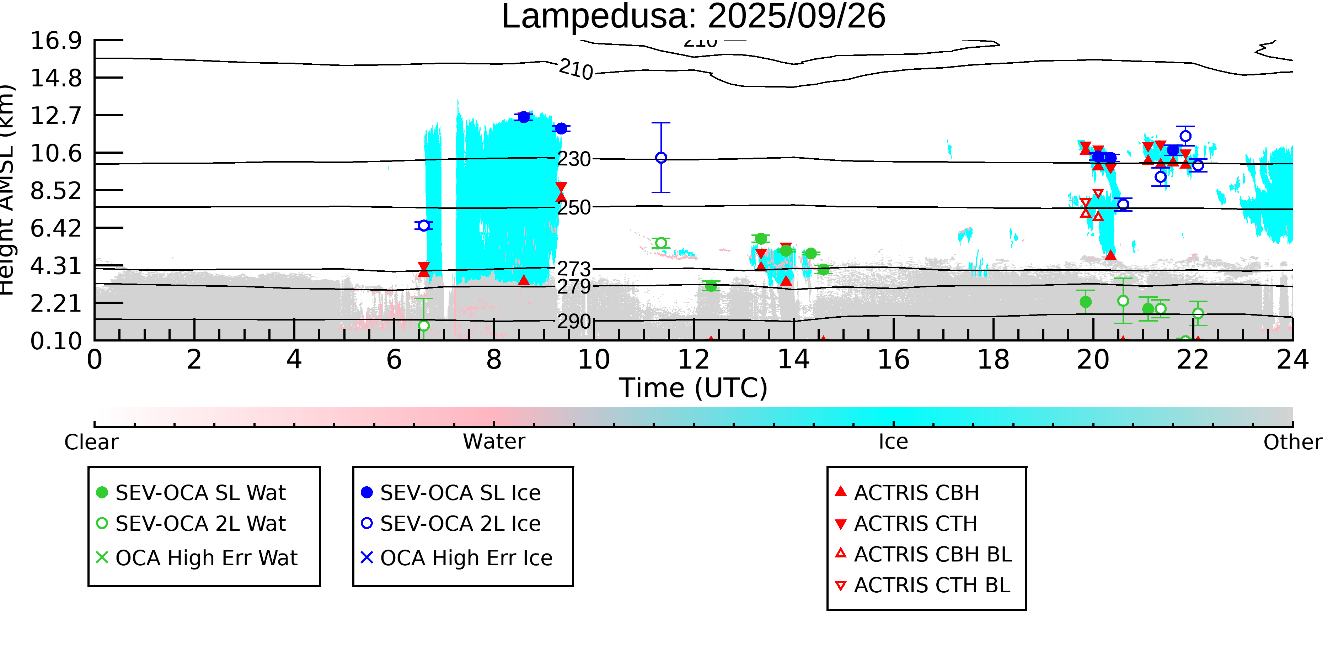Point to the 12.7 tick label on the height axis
pos(56,115)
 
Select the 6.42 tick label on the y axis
pos(56,228)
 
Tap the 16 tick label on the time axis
pos(893,359)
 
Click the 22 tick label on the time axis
pos(1193,359)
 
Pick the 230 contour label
pos(574,159)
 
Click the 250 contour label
pos(574,208)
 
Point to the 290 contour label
pos(574,322)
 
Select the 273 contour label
pos(574,269)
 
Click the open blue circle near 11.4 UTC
pos(661,158)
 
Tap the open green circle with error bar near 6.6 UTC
pos(424,326)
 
